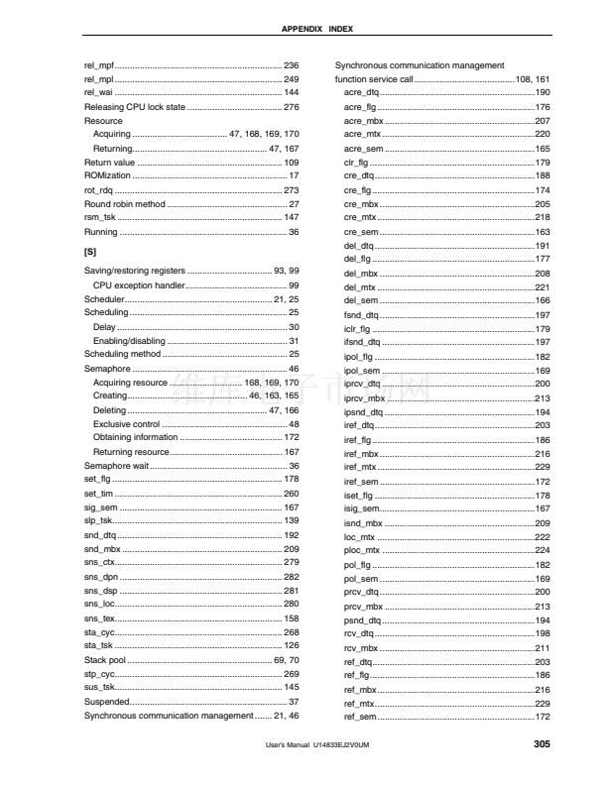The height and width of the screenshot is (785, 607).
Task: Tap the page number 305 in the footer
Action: coord(542,743)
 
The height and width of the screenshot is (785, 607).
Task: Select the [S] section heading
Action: coord(90,252)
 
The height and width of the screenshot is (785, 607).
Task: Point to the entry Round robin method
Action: coord(124,204)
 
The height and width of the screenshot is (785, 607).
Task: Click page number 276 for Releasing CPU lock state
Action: coord(292,106)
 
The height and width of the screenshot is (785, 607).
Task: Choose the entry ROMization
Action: coord(106,175)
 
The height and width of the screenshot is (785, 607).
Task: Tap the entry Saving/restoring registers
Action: coord(135,271)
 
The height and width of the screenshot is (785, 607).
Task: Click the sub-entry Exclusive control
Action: coord(127,423)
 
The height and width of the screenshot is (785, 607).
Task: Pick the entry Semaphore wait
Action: coord(116,465)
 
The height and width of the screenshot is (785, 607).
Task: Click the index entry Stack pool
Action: coord(105,659)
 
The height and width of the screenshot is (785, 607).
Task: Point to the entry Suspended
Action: coord(106,701)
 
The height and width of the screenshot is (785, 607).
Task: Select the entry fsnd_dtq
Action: coord(361,314)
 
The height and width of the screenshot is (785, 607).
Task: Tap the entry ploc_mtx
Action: coord(362,550)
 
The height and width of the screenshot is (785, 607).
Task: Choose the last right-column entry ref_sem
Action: coord(360,717)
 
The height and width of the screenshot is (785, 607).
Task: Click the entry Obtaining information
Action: coord(135,437)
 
